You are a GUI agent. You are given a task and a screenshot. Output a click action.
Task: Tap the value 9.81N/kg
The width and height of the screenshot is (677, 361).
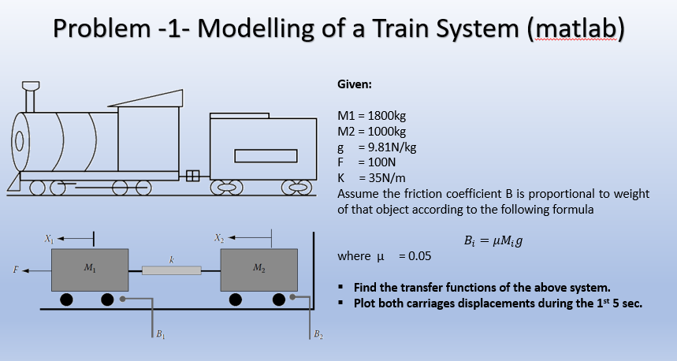pos(387,145)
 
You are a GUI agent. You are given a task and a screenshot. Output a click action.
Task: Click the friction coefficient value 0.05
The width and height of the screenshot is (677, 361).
pos(416,256)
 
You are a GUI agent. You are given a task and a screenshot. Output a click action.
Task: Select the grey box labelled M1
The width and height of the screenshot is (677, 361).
pos(89,270)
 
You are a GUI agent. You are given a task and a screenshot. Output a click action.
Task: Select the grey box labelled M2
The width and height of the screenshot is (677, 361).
pos(259,270)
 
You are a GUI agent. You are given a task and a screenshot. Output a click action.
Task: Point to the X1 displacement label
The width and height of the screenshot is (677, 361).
pos(50,236)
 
